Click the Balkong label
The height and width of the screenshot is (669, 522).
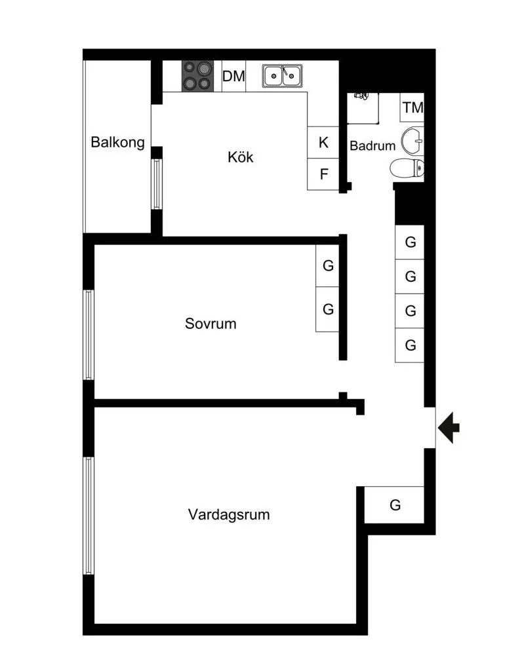tap(117, 142)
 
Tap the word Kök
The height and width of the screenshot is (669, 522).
tap(241, 157)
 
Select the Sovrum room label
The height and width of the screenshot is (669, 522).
tap(211, 324)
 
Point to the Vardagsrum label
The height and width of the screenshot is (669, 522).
tap(229, 514)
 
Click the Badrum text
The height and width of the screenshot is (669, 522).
tap(372, 146)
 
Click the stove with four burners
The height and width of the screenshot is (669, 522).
tap(198, 76)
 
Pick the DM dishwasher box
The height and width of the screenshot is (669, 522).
tap(233, 76)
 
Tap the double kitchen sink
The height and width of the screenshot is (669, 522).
tap(282, 76)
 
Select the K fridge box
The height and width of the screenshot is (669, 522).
tap(323, 142)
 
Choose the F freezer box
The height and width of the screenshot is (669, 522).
tap(323, 174)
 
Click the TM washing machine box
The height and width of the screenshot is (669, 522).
tap(412, 107)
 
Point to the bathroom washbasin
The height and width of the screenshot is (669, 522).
tap(412, 140)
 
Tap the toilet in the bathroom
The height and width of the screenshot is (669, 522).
tap(407, 168)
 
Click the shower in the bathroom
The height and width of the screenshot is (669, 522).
tap(363, 108)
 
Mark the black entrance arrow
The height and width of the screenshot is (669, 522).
tap(449, 427)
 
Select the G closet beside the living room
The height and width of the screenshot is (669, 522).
tap(394, 505)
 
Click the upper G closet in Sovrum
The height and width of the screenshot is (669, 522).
tap(327, 265)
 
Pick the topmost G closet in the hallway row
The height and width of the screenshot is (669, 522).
tap(410, 242)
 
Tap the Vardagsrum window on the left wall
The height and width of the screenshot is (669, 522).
tap(89, 516)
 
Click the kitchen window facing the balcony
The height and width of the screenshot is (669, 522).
tap(157, 184)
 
